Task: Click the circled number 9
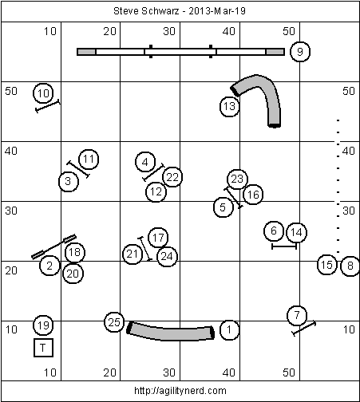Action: [300, 52]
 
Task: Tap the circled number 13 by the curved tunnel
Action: [229, 107]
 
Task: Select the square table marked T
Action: [43, 348]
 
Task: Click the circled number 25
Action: [114, 322]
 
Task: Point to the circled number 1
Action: [229, 330]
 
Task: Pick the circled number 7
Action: [297, 316]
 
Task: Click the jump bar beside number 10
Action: [48, 106]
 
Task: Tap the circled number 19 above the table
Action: [43, 325]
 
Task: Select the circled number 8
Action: [350, 266]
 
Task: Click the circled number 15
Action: [326, 265]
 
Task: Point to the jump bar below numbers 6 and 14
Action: [284, 246]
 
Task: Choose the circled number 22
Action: [172, 177]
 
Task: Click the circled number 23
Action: [237, 179]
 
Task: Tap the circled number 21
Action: [133, 254]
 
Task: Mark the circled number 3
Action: [69, 181]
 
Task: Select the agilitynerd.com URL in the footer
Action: [180, 391]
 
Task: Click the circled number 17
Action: [158, 238]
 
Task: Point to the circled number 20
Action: [73, 274]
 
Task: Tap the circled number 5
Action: [223, 207]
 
